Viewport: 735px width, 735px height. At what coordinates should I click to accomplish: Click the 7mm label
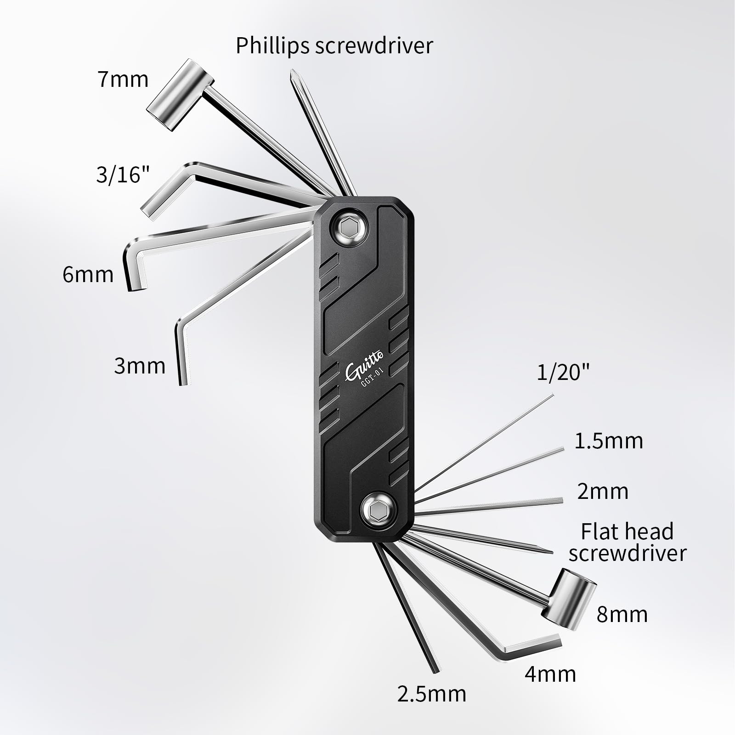[123, 79]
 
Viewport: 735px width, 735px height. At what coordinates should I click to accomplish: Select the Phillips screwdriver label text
[334, 45]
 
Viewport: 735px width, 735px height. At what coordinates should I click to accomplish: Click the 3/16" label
[123, 175]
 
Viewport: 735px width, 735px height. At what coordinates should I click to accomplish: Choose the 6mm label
[88, 275]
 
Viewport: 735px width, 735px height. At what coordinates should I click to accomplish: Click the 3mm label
[140, 366]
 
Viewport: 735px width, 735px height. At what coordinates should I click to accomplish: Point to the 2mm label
[603, 492]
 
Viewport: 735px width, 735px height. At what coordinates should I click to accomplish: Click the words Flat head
[627, 532]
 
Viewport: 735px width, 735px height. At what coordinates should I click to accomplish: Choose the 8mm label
[622, 615]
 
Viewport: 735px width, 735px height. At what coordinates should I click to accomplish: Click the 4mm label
[550, 674]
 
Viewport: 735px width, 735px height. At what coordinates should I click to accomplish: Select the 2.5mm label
[431, 707]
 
